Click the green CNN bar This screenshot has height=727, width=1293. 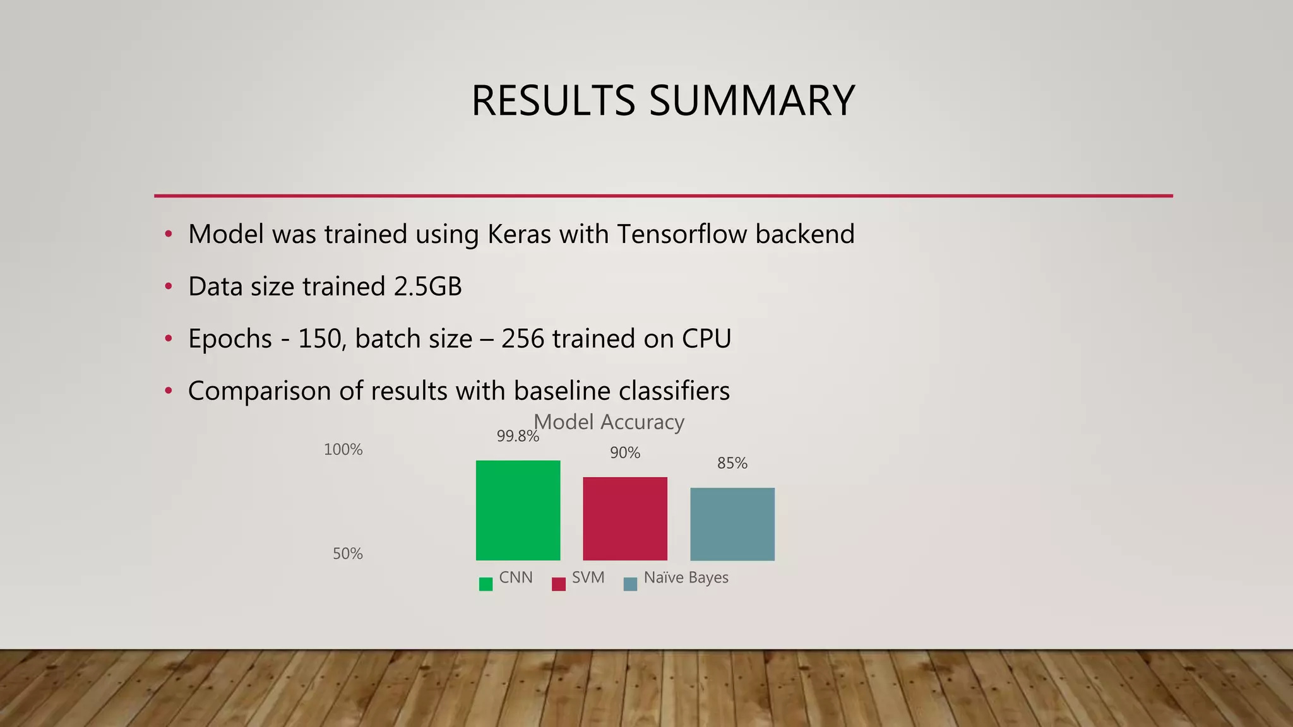[x=518, y=510]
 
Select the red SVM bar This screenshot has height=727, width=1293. [x=625, y=518]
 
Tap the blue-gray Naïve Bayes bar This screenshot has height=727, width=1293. [x=732, y=524]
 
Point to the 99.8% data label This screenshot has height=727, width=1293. [x=518, y=436]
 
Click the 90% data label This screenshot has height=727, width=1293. [x=625, y=452]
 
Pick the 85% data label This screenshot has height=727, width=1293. [x=732, y=463]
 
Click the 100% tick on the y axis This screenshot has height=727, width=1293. [x=343, y=449]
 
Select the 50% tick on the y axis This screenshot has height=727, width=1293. [x=348, y=553]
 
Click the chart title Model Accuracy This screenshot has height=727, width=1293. [x=609, y=422]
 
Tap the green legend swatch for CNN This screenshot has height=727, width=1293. [x=486, y=584]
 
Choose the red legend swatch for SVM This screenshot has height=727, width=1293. [x=558, y=584]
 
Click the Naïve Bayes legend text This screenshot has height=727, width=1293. [x=686, y=577]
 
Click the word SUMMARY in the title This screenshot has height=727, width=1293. [x=751, y=100]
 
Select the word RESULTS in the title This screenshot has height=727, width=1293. [x=554, y=100]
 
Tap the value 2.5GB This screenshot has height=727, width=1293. [x=427, y=287]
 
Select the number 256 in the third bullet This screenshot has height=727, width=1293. [x=523, y=339]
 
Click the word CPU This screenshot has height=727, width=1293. [x=706, y=339]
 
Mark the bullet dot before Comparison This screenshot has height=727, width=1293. [x=168, y=391]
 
